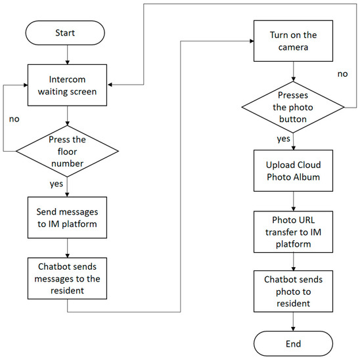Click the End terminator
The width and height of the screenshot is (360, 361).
(293, 343)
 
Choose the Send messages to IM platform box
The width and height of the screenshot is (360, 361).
(68, 215)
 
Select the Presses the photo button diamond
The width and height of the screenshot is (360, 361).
(293, 108)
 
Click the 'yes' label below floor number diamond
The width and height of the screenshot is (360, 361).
(57, 184)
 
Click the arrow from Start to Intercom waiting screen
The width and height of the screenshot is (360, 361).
(68, 55)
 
